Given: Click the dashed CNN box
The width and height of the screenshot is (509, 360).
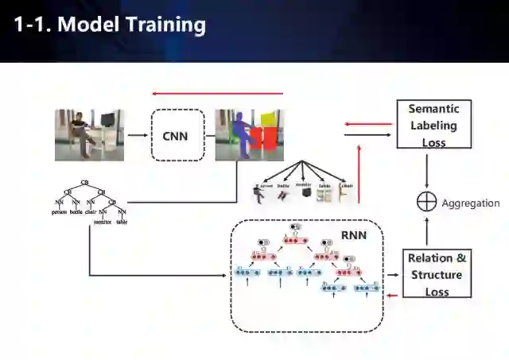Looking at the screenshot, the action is (177, 135).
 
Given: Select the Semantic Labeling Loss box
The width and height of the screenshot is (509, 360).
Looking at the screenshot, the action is (433, 125).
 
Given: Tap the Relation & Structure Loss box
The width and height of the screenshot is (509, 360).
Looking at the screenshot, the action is (437, 274).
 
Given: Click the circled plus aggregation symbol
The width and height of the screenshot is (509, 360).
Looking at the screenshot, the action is (427, 202).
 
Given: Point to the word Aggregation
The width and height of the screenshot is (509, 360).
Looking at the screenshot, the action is (470, 203).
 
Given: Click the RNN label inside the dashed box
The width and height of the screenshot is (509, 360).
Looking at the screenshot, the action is (354, 235).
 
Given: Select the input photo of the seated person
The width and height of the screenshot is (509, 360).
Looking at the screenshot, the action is (90, 135).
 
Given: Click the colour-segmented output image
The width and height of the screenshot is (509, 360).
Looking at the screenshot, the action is (249, 135).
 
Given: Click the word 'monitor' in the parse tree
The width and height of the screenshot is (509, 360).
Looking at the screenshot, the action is (103, 223).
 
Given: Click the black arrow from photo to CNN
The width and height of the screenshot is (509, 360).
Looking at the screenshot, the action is (137, 135).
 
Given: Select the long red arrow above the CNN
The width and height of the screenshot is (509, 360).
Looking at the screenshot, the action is (217, 93).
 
